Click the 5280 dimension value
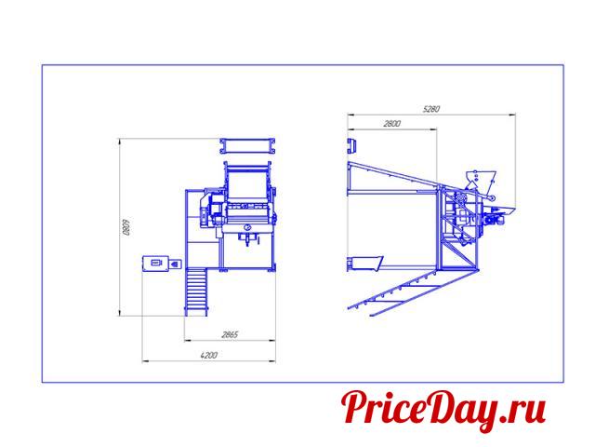pyautogui.click(x=431, y=109)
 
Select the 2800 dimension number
pyautogui.click(x=392, y=124)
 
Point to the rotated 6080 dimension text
pyautogui.click(x=126, y=227)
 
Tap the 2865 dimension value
pyautogui.click(x=230, y=334)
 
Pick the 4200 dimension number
pyautogui.click(x=208, y=356)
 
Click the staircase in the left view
pyautogui.click(x=196, y=291)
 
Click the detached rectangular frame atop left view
pyautogui.click(x=247, y=146)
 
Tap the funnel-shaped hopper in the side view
pyautogui.click(x=481, y=179)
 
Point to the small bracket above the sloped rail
pyautogui.click(x=352, y=146)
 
